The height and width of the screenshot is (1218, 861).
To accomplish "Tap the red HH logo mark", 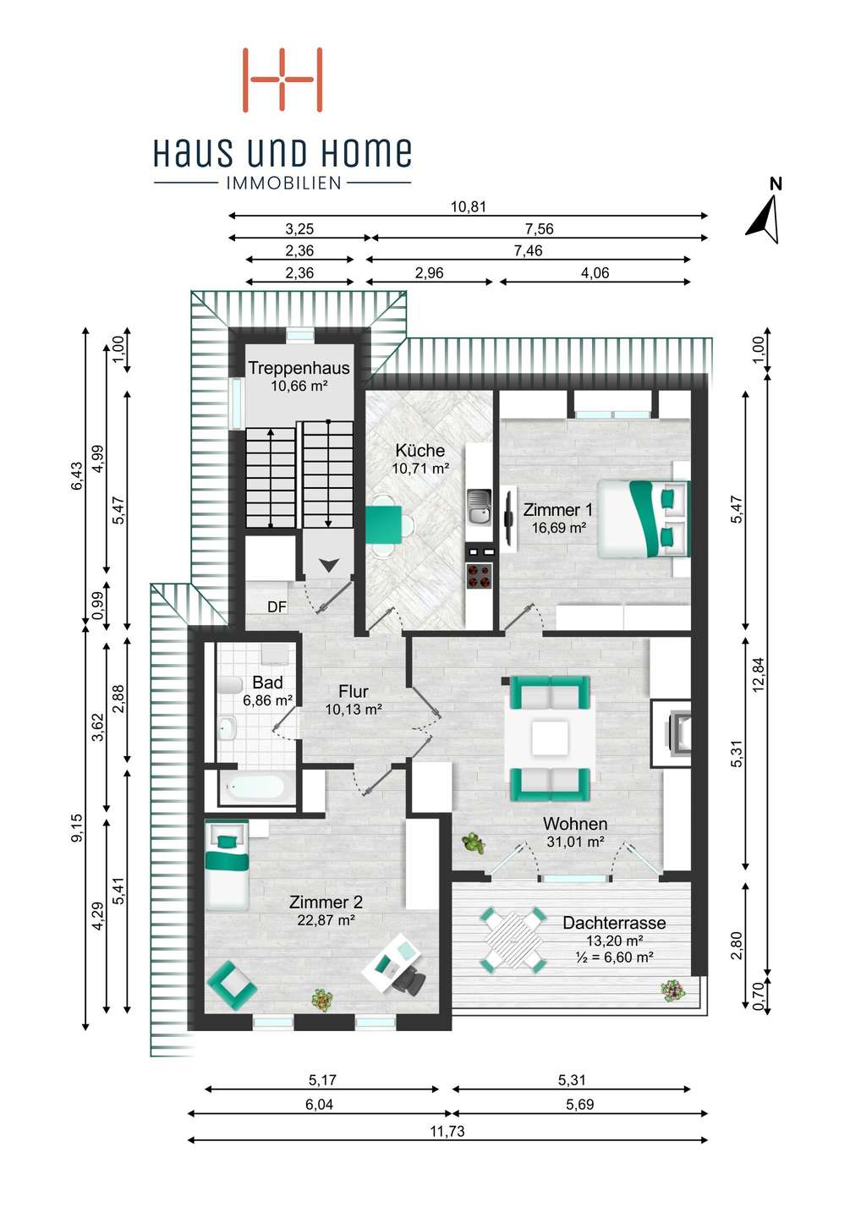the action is click(x=282, y=80).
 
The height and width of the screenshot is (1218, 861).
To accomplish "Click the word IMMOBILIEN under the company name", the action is click(x=283, y=184).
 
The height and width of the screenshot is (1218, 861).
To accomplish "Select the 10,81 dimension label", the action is click(x=468, y=206).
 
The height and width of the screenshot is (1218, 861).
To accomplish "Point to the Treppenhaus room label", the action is click(x=299, y=368).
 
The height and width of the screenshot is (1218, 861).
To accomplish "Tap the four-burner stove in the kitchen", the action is click(x=479, y=576).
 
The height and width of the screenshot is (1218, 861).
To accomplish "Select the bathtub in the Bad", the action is click(x=256, y=787).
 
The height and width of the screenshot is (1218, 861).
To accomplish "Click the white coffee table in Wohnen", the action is click(x=550, y=738).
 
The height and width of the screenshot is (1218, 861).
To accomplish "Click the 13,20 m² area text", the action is click(x=616, y=941).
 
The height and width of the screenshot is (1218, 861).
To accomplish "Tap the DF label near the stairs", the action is click(x=277, y=606).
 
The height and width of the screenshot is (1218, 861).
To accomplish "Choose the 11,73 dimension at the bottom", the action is click(x=447, y=1129).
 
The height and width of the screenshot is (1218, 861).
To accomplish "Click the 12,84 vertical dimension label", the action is click(x=759, y=674).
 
